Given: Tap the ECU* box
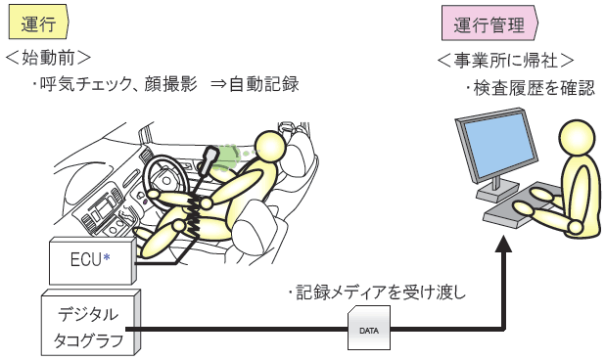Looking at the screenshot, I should coord(91,261).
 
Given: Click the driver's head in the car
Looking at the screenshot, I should coord(268,147).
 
